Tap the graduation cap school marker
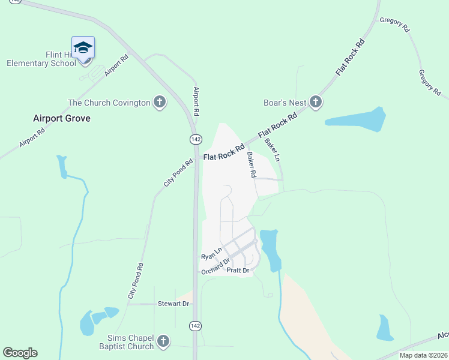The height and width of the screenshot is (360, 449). tap(83, 47)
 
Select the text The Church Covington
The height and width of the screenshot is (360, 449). tap(109, 103)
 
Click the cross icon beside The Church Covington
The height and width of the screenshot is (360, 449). tap(160, 103)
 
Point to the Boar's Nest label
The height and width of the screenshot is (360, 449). tap(285, 103)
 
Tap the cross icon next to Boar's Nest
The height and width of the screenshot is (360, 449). tap(316, 103)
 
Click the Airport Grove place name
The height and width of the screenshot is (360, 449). tap(62, 118)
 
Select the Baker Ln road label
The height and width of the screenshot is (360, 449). tap(273, 149)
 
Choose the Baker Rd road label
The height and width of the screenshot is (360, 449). tap(252, 164)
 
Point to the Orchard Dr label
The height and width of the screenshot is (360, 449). tap(216, 266)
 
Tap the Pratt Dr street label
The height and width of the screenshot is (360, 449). tap(238, 271)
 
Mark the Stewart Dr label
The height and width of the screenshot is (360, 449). tap(173, 304)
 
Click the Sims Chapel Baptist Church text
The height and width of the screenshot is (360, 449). tap(127, 342)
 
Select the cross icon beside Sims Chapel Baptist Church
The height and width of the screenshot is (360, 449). tap(162, 342)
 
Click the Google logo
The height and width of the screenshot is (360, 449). tap(20, 353)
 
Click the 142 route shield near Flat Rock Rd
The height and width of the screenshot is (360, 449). tap(196, 139)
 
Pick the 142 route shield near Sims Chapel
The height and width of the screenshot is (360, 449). tap(195, 325)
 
